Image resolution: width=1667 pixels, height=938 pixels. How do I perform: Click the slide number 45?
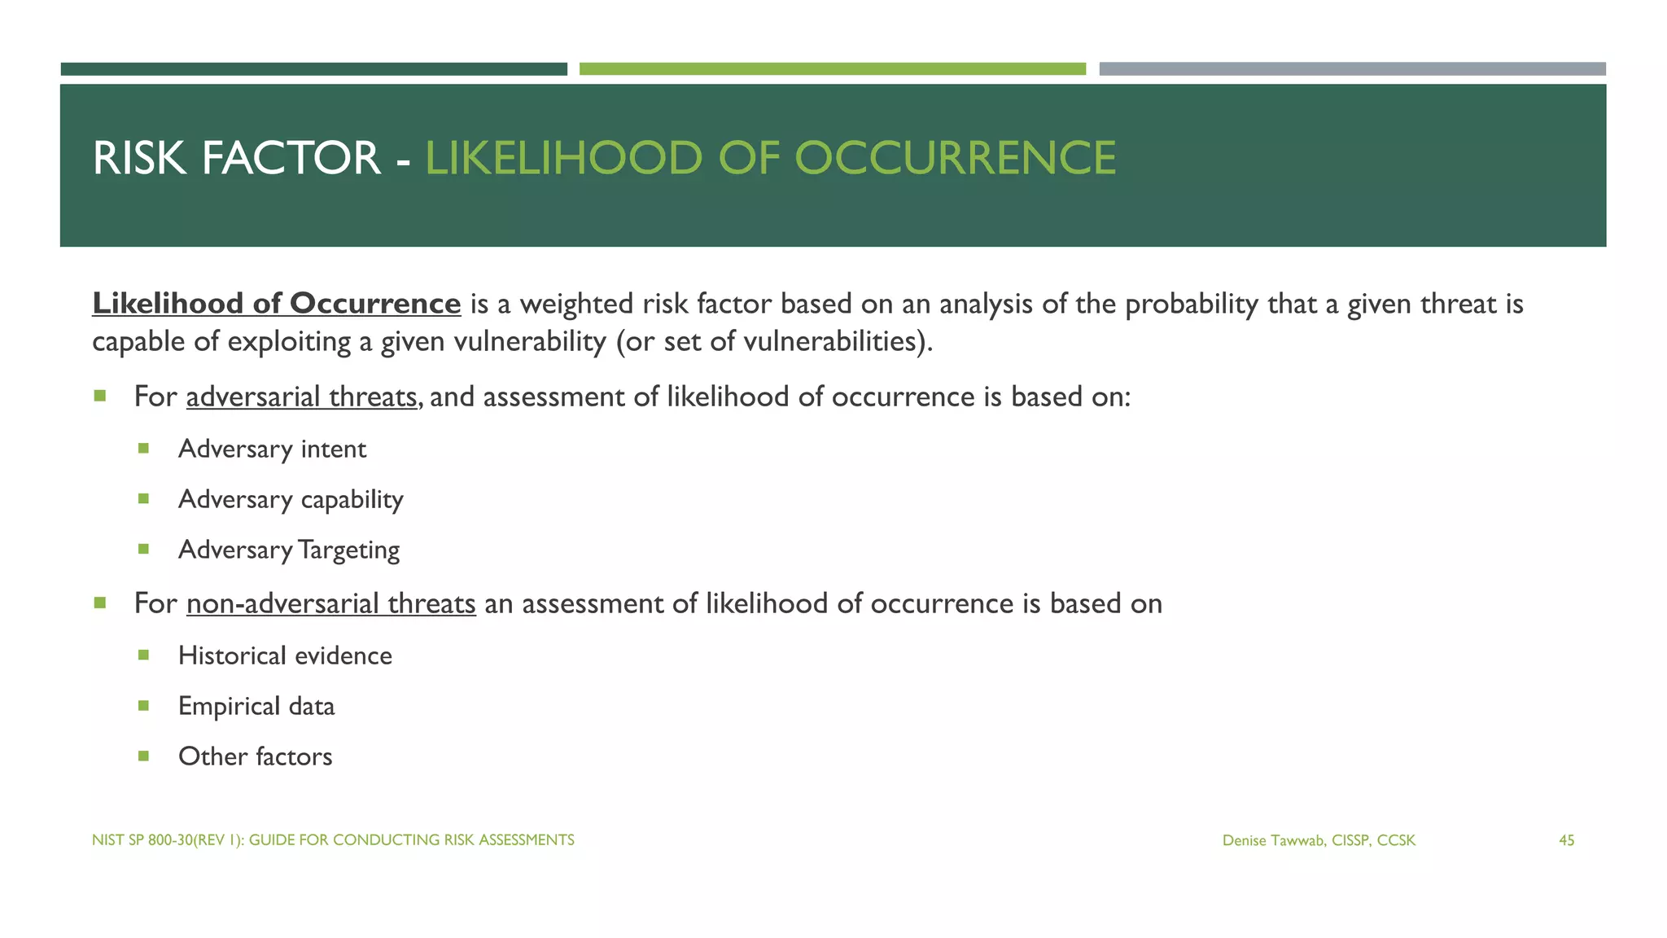click(x=1566, y=840)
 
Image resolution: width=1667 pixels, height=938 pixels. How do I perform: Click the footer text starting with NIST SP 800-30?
click(x=333, y=839)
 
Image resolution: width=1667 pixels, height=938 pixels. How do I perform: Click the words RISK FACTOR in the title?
click(x=236, y=158)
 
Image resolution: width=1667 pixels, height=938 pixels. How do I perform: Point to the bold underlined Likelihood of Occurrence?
click(x=277, y=304)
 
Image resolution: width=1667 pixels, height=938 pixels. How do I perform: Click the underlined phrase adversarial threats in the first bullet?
click(x=301, y=397)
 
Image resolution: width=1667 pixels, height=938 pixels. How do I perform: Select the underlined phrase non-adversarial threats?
click(x=330, y=604)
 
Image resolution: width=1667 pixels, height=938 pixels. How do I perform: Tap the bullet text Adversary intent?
click(x=272, y=449)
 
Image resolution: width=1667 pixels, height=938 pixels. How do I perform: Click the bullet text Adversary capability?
click(x=291, y=500)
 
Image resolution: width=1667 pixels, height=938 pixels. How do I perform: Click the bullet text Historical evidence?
click(x=285, y=656)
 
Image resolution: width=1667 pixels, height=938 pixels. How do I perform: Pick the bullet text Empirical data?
click(x=256, y=707)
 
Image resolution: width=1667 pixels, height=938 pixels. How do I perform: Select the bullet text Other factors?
click(x=255, y=757)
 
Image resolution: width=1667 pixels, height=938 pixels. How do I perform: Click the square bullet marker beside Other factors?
click(x=144, y=756)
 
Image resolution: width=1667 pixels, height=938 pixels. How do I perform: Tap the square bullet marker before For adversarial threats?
click(x=100, y=397)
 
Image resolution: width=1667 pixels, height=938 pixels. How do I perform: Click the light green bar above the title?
click(x=832, y=69)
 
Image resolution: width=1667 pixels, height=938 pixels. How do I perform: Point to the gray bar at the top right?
click(x=1352, y=69)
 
